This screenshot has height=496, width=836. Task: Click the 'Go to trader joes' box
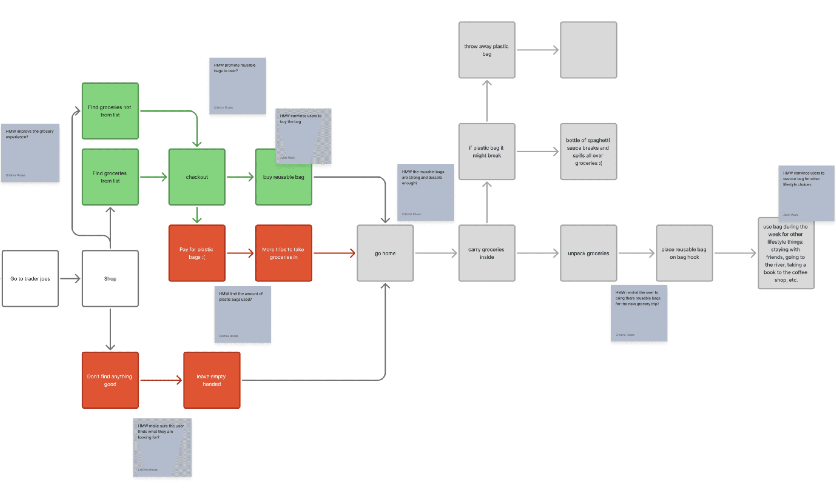point(30,278)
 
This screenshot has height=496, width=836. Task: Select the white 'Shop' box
point(110,278)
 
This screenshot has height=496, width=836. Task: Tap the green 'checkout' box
point(197,177)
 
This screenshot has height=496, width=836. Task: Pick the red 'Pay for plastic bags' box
point(197,253)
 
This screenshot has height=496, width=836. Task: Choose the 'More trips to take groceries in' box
point(283,253)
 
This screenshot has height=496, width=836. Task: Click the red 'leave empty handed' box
point(212,380)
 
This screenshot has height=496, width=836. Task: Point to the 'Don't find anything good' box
point(110,380)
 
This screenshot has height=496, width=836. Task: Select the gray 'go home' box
point(385,253)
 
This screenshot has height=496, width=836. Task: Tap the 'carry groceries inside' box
point(487,253)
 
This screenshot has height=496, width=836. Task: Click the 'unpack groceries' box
point(588,253)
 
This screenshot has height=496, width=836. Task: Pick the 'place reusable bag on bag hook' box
point(684,253)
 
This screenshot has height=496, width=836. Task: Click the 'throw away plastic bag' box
point(487,50)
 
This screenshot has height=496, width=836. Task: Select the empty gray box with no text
point(588,50)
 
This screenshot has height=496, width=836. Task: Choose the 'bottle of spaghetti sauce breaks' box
point(588,151)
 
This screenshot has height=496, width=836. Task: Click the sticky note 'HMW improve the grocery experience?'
point(30,153)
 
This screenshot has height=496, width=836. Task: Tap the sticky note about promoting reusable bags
point(237,86)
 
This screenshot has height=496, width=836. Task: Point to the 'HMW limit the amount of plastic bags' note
point(242,314)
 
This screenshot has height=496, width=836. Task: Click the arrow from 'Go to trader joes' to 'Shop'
point(70,278)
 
